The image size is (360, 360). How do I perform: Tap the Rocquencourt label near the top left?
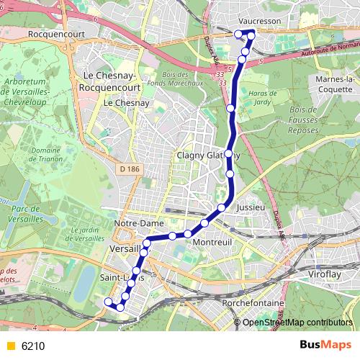[x=43, y=33]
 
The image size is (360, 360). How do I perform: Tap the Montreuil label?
[x=211, y=243]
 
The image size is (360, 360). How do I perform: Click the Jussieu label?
[x=251, y=207]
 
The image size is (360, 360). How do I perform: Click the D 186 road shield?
[x=127, y=167]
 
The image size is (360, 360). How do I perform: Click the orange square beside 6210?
[x=10, y=346]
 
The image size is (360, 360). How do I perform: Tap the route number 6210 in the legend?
[x=33, y=346]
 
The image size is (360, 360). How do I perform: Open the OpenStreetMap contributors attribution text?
[x=298, y=323]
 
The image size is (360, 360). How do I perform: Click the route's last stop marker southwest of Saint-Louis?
[x=108, y=302]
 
